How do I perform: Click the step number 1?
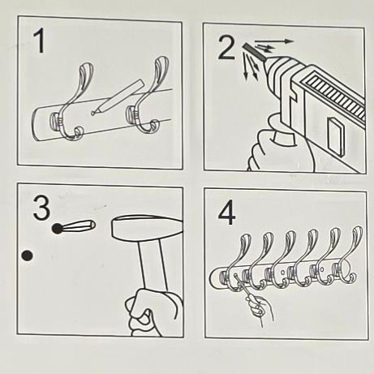tap(40, 41)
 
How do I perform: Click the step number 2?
tap(226, 48)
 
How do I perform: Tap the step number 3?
tap(41, 208)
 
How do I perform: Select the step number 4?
tap(226, 214)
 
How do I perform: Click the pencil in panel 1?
tap(117, 97)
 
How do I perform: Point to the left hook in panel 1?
tap(71, 103)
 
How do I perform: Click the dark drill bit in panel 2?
tap(255, 52)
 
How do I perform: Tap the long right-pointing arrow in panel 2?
tap(274, 41)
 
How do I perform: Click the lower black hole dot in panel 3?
tap(27, 256)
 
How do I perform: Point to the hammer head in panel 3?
tap(147, 227)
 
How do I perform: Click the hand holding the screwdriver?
tap(259, 307)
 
